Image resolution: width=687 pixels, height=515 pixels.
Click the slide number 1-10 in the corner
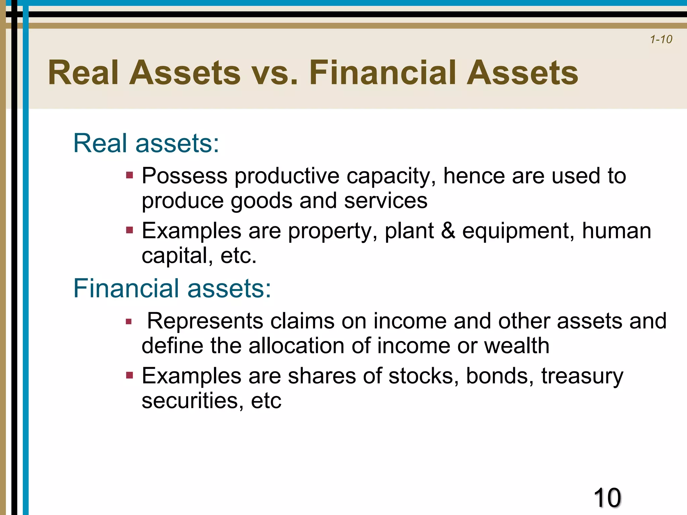point(661,40)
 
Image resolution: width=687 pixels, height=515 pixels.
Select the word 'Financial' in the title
point(383,73)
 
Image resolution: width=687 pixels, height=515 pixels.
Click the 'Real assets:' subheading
point(146,143)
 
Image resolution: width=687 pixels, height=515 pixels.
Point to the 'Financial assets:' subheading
point(172,288)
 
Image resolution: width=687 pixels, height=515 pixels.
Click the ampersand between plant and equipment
point(448,231)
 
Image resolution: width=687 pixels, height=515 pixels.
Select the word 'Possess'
point(184,176)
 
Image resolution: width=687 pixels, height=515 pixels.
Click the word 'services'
point(385,201)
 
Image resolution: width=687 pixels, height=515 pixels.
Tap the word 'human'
point(616,231)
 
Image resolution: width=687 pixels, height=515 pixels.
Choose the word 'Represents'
point(205,321)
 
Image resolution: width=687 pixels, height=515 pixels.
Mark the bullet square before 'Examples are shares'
point(129,375)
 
